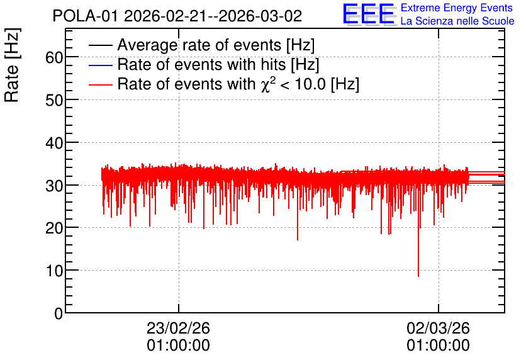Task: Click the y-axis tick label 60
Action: pos(54,57)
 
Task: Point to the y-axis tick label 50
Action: pos(54,100)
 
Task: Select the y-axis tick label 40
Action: pos(54,143)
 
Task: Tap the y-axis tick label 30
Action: pos(54,186)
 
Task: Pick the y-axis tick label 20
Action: pos(54,228)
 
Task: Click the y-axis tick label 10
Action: pos(54,271)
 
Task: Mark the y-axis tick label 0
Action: pos(59,313)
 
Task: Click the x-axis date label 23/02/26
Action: pos(178,328)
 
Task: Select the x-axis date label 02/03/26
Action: pos(438,328)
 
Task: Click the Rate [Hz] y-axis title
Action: pos(12,65)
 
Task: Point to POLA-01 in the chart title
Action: pos(86,16)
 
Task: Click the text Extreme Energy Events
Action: pos(457,8)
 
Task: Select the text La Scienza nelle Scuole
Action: pos(457,21)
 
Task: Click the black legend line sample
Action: pos(100,45)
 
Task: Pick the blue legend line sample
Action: pos(100,65)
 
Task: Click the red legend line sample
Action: pos(100,84)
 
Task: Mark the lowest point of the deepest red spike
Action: pos(418,276)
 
